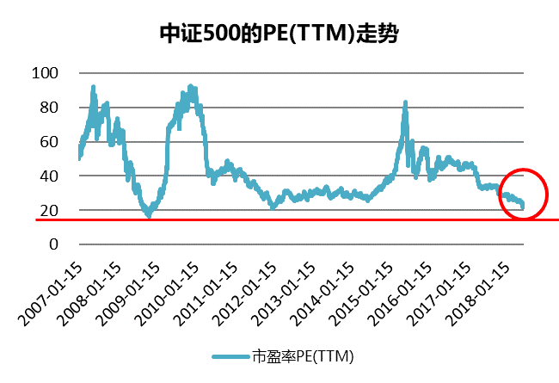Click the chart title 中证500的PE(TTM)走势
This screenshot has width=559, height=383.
pyautogui.click(x=279, y=34)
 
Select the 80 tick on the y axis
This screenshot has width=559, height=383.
pyautogui.click(x=48, y=108)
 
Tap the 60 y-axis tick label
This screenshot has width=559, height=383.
pyautogui.click(x=48, y=141)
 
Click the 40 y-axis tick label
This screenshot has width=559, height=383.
pyautogui.click(x=48, y=176)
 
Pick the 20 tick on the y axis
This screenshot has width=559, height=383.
pyautogui.click(x=48, y=210)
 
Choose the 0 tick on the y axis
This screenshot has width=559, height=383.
pyautogui.click(x=52, y=244)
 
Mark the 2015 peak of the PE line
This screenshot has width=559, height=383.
pyautogui.click(x=404, y=102)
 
